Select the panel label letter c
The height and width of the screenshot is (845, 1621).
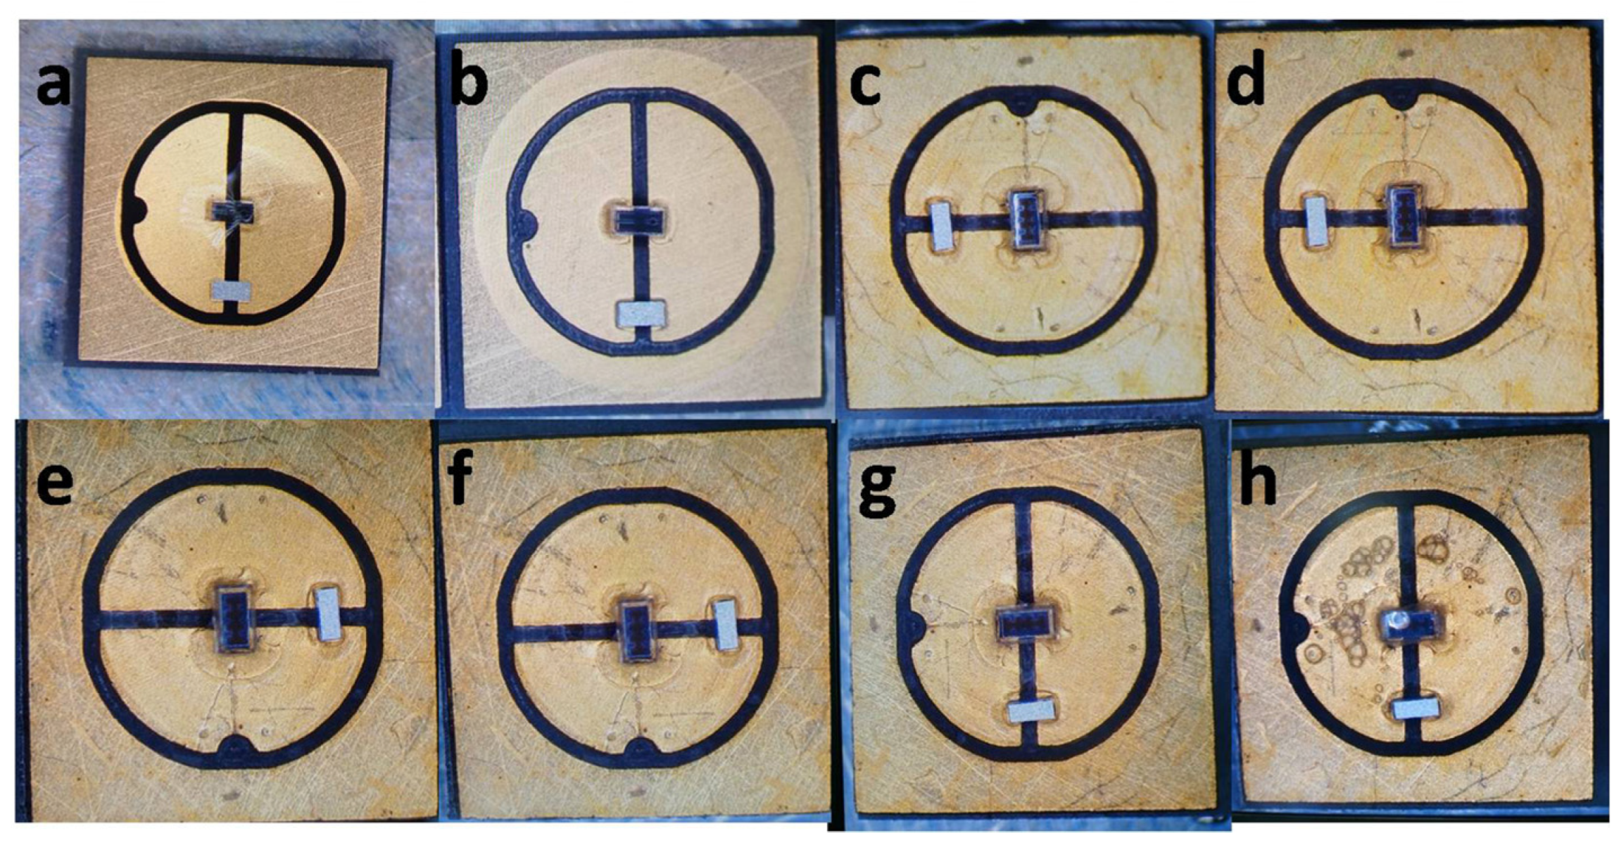click(866, 84)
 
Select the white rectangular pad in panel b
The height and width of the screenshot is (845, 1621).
click(641, 314)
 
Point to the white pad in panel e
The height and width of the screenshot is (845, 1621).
click(329, 615)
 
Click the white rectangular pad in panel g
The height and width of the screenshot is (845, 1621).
click(1033, 711)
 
